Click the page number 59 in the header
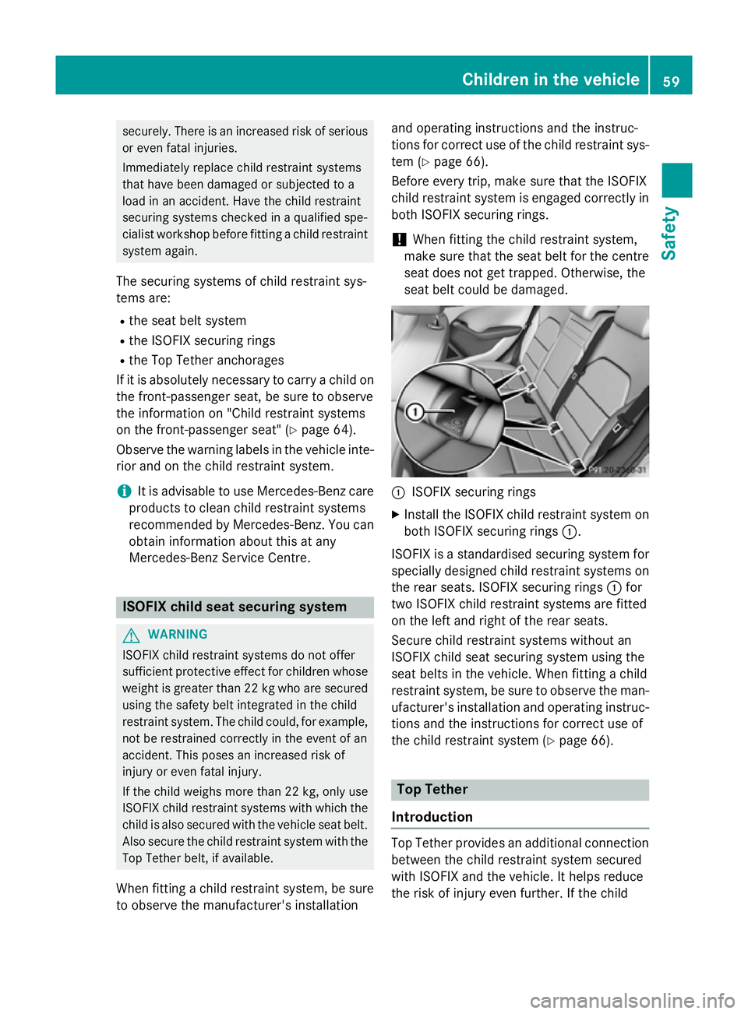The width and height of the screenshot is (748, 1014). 671,80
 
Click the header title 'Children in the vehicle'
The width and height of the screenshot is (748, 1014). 550,79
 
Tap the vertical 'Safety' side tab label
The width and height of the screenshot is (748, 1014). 669,233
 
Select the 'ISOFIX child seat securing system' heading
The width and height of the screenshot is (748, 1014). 235,607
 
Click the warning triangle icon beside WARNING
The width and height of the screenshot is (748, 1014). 130,635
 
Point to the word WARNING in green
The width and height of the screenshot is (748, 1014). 178,635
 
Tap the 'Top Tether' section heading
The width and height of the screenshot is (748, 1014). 432,790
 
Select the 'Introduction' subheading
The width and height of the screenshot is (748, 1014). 432,817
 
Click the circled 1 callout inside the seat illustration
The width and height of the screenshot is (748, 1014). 415,412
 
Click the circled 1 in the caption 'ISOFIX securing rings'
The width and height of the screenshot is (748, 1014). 398,493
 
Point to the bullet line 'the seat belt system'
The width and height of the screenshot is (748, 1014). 187,321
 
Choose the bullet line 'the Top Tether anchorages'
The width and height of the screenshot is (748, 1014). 206,361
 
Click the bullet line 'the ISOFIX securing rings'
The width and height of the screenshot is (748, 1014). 202,341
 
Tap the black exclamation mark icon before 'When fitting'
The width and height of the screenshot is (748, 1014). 400,240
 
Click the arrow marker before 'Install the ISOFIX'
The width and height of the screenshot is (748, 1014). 396,515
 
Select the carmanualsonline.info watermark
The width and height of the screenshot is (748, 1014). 632,1000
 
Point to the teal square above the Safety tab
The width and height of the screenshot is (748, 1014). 676,181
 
